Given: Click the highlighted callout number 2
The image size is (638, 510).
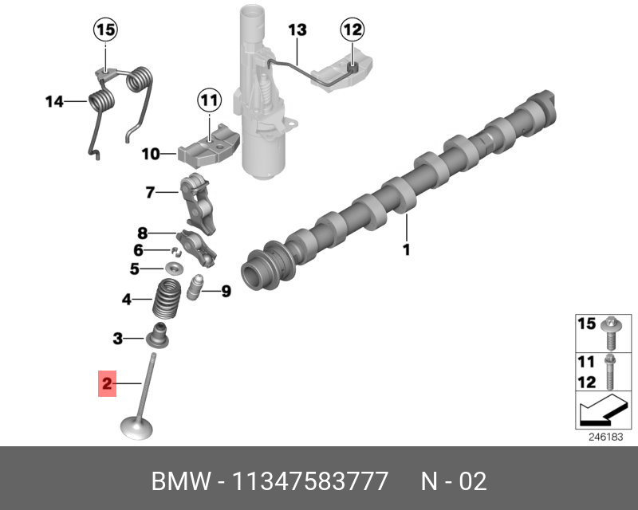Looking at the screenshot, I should click(107, 385).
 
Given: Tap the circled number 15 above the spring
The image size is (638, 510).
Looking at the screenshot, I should click(105, 30).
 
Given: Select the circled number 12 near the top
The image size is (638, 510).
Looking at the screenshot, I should click(352, 30).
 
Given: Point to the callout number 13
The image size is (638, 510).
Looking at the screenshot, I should click(297, 30).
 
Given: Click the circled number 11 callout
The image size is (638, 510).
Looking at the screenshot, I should click(208, 100).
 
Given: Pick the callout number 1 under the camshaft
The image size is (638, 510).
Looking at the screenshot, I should click(406, 250).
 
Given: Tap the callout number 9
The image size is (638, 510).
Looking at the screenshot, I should click(226, 292).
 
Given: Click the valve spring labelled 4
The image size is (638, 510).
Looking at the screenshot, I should click(167, 300).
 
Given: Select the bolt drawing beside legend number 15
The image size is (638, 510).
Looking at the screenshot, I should click(610, 331).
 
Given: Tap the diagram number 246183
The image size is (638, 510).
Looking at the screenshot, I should click(604, 437).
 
